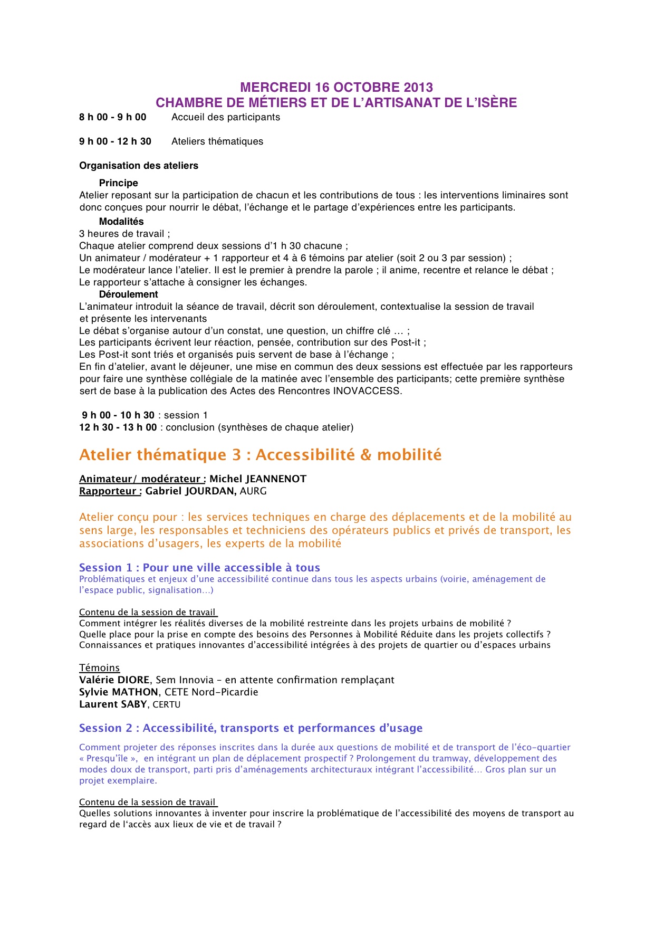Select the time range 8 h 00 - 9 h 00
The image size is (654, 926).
tap(113, 117)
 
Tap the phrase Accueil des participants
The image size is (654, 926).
tap(226, 117)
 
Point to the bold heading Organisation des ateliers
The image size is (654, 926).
tap(139, 166)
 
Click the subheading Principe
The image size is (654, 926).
tap(119, 183)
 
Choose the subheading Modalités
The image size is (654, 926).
tap(121, 222)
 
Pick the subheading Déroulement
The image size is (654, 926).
tap(129, 294)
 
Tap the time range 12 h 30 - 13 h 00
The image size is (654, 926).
tap(118, 427)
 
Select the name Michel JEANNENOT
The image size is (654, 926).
tap(258, 479)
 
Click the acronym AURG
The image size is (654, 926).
tap(253, 491)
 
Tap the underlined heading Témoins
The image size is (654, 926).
tap(100, 668)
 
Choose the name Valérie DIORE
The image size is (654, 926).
tap(114, 680)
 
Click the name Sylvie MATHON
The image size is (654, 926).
tap(119, 692)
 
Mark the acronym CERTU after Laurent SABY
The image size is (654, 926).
tap(167, 705)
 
